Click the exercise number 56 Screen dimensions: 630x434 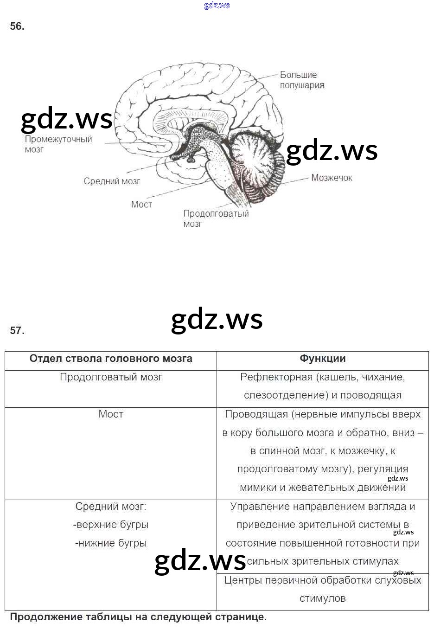pos(17,26)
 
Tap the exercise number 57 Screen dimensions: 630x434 pos(17,330)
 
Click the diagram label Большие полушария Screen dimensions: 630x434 pos(301,80)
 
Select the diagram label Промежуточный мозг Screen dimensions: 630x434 pos(58,144)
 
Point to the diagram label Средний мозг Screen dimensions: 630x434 pos(111,181)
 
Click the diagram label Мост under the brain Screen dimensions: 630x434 pos(141,205)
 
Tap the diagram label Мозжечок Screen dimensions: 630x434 pos(332,178)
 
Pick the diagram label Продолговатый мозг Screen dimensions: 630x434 pos(216,219)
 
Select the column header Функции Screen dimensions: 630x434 pos(322,359)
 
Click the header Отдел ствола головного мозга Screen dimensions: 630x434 pos(111,359)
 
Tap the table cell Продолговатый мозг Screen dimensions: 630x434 pos(111,377)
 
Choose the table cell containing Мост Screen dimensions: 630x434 pos(111,414)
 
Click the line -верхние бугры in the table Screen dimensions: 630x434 pos(111,525)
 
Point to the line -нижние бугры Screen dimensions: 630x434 pos(111,543)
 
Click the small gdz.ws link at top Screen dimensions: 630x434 pos(217,6)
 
